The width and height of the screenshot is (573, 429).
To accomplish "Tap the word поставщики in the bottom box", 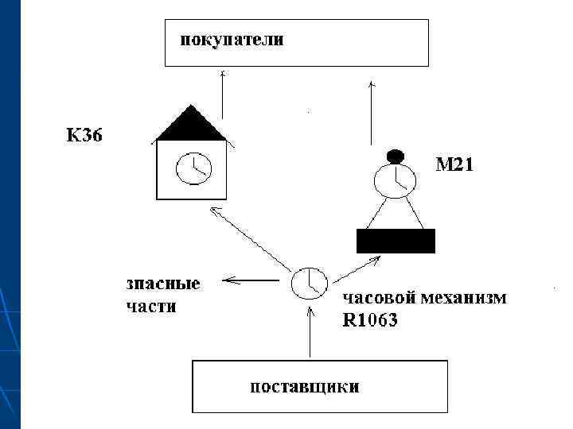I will pos(304,387).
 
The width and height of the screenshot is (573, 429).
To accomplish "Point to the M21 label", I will pos(454,166).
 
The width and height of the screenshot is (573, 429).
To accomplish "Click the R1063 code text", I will pos(369,322).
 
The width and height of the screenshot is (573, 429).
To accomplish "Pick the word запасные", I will pos(162,284).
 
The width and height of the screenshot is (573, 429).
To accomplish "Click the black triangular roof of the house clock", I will pos(191,125).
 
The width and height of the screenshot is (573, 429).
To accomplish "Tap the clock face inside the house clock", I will pos(191,168).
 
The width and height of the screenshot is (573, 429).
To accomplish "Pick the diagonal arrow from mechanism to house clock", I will pos(250,238).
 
